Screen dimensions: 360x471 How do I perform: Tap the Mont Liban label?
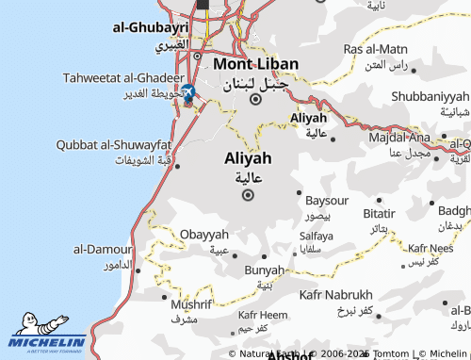255,64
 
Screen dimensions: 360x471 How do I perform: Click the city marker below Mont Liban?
255,98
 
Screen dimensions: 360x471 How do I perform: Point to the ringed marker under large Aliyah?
249,195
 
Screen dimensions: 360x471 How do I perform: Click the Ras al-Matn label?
376,48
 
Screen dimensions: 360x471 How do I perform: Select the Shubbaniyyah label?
429,97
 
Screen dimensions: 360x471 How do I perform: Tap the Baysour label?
327,202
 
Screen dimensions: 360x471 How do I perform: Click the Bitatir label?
379,214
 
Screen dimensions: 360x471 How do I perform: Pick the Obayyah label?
203,234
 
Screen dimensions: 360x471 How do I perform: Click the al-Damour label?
103,251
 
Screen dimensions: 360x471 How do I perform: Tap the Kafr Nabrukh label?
336,295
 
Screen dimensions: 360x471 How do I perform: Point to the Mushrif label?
189,305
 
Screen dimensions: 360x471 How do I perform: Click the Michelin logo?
47,336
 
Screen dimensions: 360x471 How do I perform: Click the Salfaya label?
316,236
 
